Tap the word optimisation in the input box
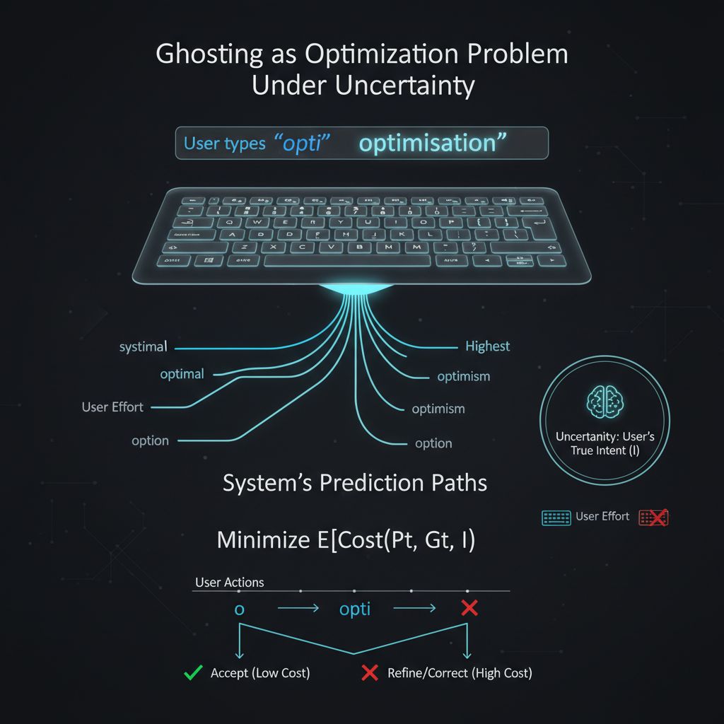click(x=432, y=143)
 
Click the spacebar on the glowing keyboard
click(x=347, y=261)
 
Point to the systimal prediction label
click(x=144, y=347)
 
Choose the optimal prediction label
click(x=182, y=374)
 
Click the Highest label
click(x=487, y=346)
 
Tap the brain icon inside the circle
click(x=605, y=401)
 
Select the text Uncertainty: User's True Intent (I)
click(x=605, y=443)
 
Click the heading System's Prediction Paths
click(x=355, y=484)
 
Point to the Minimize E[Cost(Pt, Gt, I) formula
click(x=346, y=540)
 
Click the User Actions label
click(x=229, y=583)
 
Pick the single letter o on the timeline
click(x=239, y=609)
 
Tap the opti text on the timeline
click(x=355, y=609)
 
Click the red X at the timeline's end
click(x=468, y=609)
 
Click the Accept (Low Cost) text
click(x=260, y=673)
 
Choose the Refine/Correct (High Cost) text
click(x=460, y=673)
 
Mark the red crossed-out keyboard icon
click(x=653, y=518)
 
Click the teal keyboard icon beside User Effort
click(x=556, y=518)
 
